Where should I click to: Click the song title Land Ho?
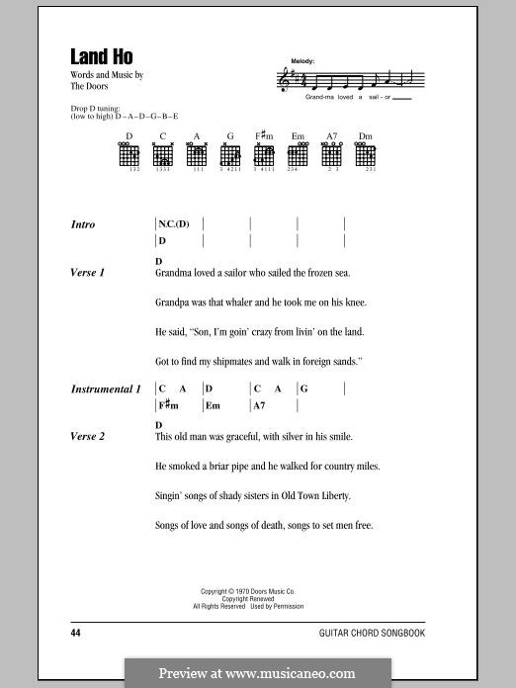pyautogui.click(x=101, y=57)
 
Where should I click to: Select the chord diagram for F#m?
pyautogui.click(x=264, y=155)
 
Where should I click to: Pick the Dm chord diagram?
pyautogui.click(x=366, y=155)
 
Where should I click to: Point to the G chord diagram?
pyautogui.click(x=229, y=155)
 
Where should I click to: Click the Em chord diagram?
pyautogui.click(x=298, y=155)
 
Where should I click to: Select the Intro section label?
pyautogui.click(x=83, y=224)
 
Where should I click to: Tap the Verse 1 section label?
pyautogui.click(x=88, y=272)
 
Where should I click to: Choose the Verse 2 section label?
pyautogui.click(x=88, y=436)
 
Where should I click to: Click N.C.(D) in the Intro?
pyautogui.click(x=174, y=224)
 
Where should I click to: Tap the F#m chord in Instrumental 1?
pyautogui.click(x=167, y=405)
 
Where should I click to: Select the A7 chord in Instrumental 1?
pyautogui.click(x=260, y=405)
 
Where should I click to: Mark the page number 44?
pyautogui.click(x=76, y=631)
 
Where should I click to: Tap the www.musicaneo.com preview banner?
pyautogui.click(x=258, y=673)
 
